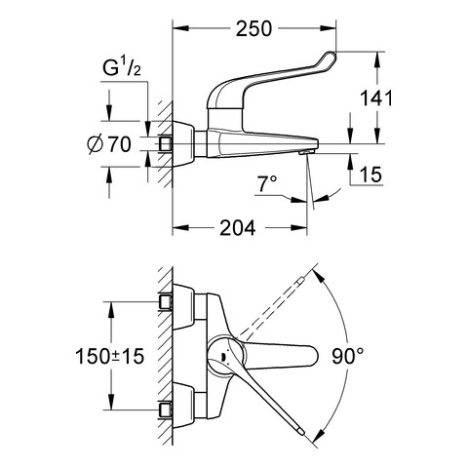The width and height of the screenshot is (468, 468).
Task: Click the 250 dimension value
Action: point(253,28)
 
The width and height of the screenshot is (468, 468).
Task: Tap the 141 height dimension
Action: point(377,97)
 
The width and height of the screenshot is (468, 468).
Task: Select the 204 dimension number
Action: point(238,228)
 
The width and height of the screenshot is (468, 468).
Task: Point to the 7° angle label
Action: point(267,183)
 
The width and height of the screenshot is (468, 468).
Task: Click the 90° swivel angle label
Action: point(347,356)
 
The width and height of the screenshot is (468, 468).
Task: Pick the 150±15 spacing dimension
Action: point(109,356)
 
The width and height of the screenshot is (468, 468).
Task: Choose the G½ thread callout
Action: point(122,68)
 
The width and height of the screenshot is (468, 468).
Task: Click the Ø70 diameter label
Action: point(109,144)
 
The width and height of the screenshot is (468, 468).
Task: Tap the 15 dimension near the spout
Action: point(370,175)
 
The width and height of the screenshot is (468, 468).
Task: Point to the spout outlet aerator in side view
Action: point(306,152)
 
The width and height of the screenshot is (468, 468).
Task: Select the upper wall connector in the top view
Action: point(165,302)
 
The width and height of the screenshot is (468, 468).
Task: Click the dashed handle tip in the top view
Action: point(299,280)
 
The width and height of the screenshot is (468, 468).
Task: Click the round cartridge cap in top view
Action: point(225,356)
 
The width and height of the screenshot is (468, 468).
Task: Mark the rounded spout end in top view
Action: point(313,356)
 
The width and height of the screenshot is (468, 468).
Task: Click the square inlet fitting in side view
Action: point(165,143)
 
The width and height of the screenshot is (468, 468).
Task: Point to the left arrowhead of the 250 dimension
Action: point(180,28)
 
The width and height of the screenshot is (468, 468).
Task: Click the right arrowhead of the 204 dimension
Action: point(298,228)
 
